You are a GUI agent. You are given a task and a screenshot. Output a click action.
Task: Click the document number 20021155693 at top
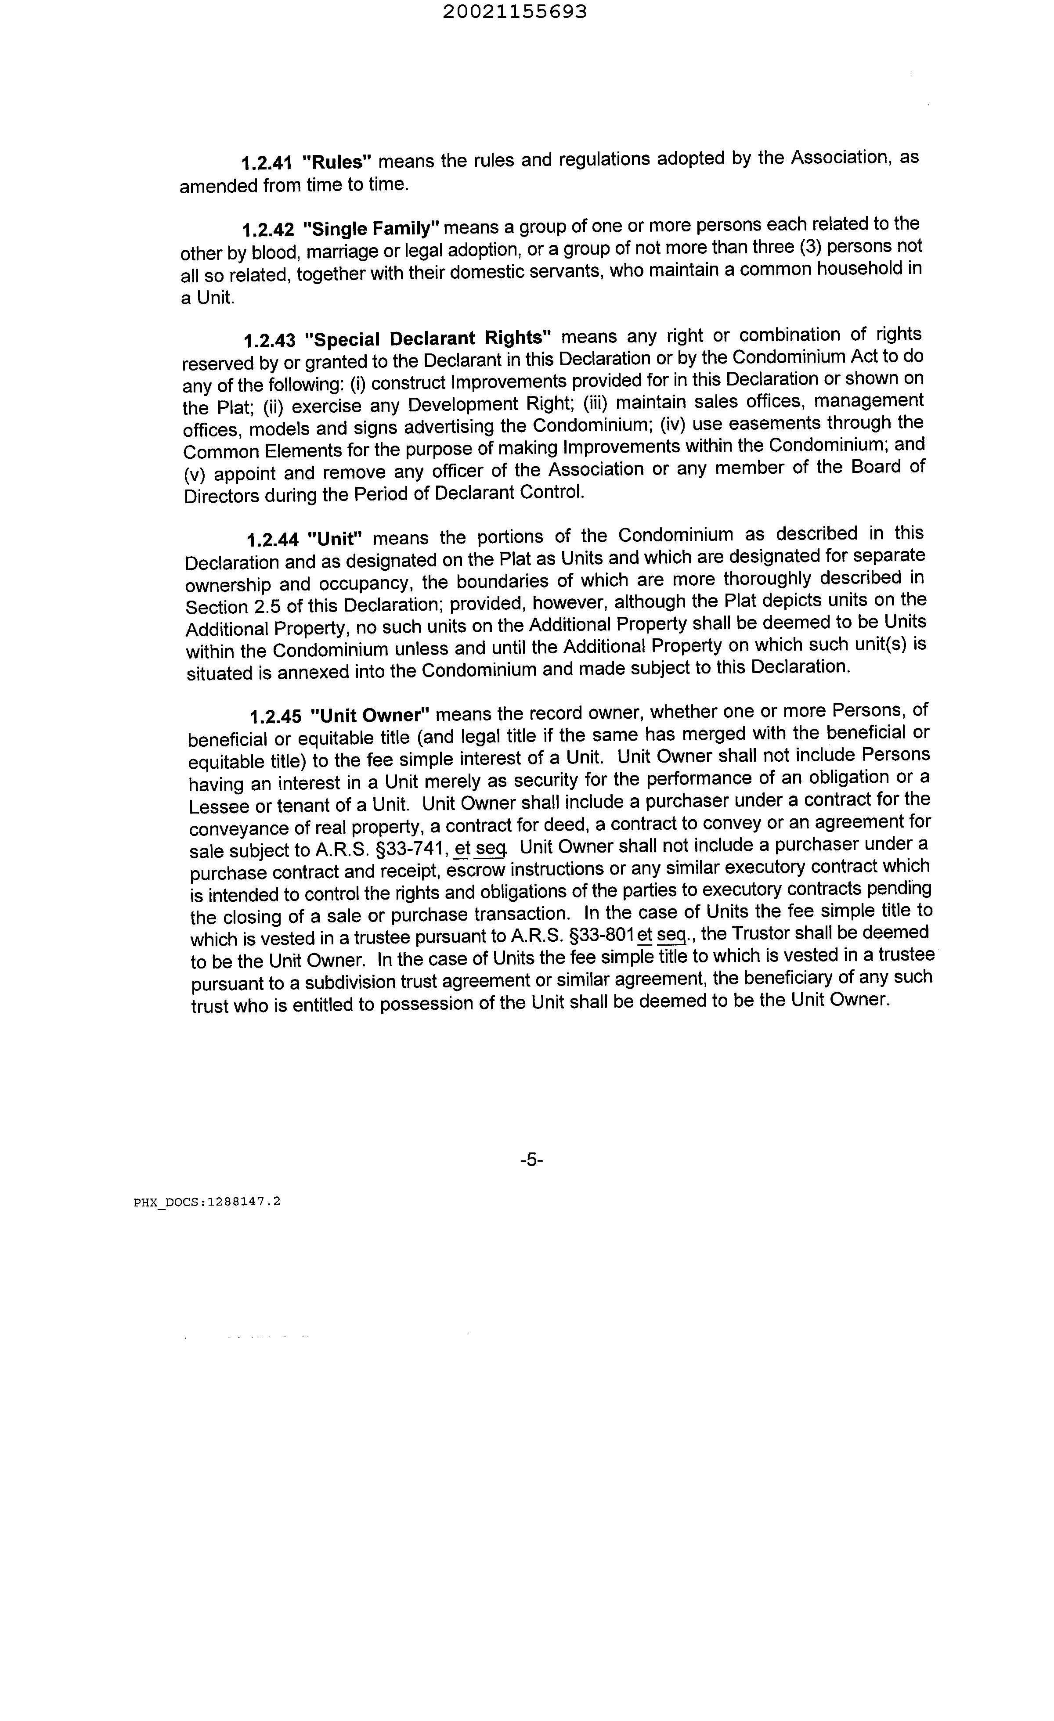515,12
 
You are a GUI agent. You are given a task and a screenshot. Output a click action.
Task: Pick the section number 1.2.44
272,539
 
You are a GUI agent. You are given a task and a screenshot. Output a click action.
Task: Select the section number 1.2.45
276,716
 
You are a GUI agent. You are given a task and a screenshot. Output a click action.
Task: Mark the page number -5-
531,1160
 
